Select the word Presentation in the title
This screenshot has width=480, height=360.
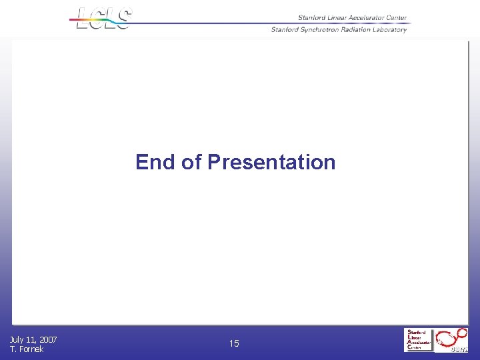271,162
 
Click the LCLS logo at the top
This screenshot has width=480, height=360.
104,19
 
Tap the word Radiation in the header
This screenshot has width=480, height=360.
355,29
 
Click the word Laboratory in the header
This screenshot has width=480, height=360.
391,29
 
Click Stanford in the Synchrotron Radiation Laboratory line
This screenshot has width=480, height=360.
284,29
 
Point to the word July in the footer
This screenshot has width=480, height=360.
17,340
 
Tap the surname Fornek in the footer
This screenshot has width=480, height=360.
31,349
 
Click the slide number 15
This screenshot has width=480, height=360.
234,343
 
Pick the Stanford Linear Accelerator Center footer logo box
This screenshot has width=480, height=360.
419,340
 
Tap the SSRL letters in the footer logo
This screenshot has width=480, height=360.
459,349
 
